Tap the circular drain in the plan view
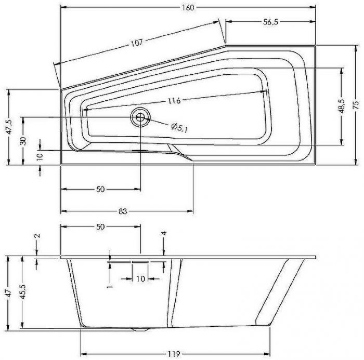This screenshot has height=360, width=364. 140,117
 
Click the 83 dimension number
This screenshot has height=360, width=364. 123,211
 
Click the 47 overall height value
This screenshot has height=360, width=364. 6,294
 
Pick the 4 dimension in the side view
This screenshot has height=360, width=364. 163,234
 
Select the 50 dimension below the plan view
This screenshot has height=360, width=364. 100,189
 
